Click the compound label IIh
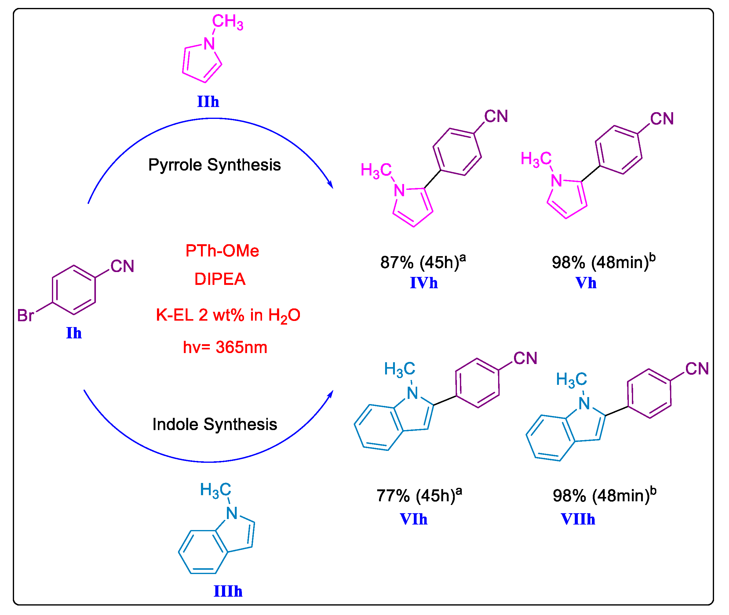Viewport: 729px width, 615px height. [208, 102]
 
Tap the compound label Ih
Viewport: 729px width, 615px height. [74, 333]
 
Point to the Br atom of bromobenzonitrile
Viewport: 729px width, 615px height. [25, 315]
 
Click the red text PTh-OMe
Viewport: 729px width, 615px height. [222, 251]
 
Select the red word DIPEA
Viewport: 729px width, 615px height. [220, 279]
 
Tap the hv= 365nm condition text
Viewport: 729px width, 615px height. [225, 347]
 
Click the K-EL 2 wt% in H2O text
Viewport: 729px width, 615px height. [228, 315]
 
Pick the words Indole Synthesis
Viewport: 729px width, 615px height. [215, 425]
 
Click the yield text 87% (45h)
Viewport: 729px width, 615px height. [422, 262]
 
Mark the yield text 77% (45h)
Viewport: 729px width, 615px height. [418, 495]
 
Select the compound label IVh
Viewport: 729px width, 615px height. [424, 283]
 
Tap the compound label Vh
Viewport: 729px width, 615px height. [586, 283]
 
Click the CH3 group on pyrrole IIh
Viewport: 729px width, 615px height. [228, 22]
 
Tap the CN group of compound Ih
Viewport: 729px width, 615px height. [122, 266]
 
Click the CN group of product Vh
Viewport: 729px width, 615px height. [662, 119]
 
